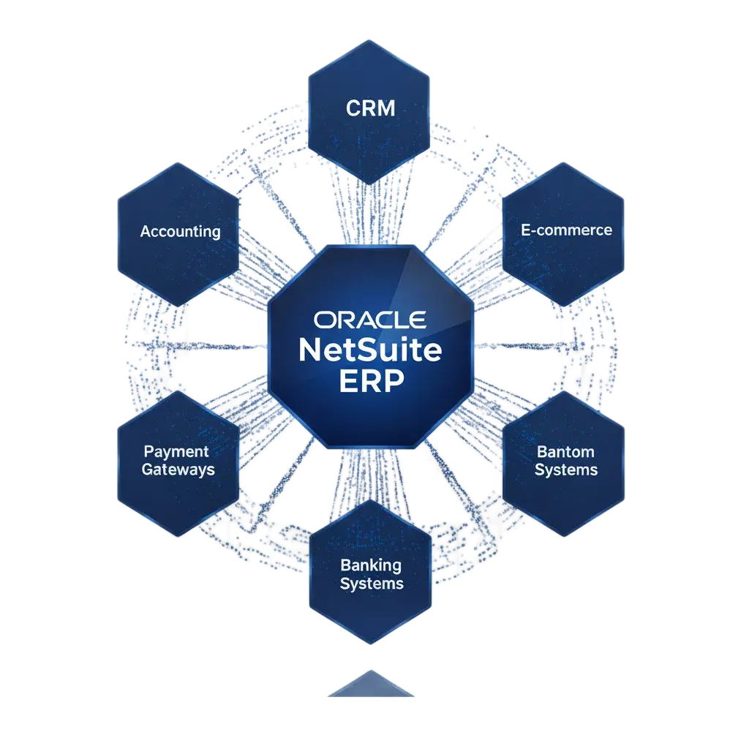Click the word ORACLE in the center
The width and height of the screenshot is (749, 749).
(x=370, y=320)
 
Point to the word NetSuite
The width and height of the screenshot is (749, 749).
(x=370, y=350)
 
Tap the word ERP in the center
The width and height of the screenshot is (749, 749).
(x=371, y=382)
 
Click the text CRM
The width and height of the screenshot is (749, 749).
(x=370, y=109)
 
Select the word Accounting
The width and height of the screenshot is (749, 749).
(x=180, y=232)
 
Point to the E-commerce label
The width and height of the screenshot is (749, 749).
(x=566, y=230)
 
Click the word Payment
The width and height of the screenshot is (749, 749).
(x=176, y=452)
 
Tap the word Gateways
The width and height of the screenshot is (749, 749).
(x=178, y=470)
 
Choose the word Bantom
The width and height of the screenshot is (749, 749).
(x=565, y=452)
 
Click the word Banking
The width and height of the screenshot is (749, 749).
(x=371, y=565)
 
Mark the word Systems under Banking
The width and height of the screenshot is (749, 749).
(x=372, y=584)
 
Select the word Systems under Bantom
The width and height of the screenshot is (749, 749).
(x=565, y=470)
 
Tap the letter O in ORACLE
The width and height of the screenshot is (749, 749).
(x=325, y=320)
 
